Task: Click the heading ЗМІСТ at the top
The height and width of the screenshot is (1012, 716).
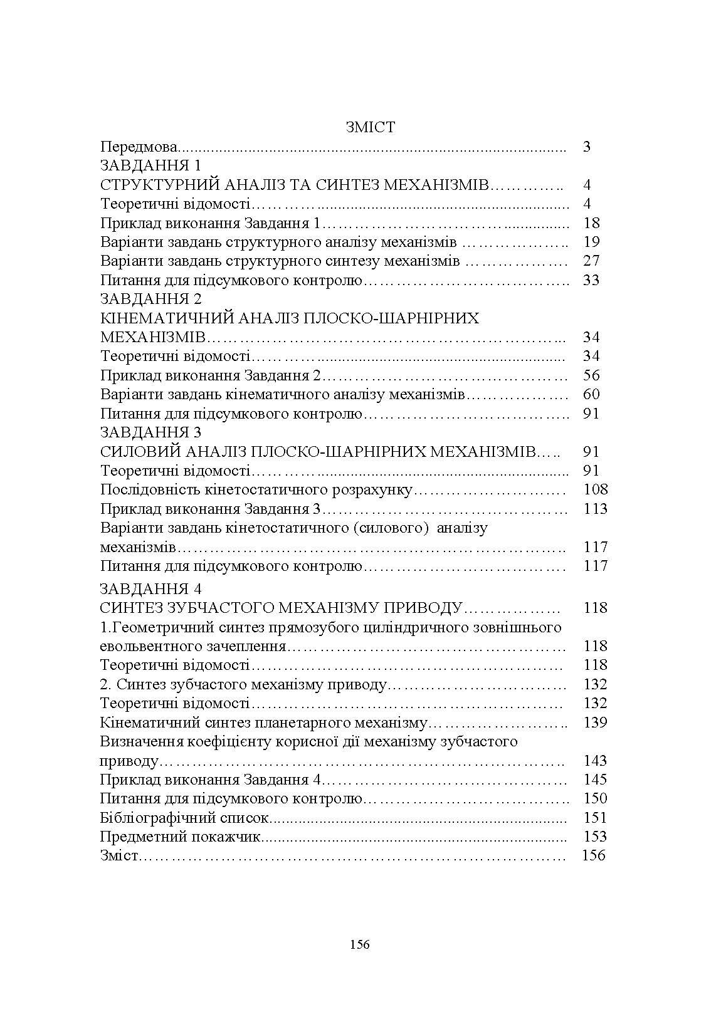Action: pyautogui.click(x=370, y=127)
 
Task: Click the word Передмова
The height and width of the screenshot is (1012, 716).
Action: pyautogui.click(x=139, y=147)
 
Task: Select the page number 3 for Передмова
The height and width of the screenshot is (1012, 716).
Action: pyautogui.click(x=587, y=147)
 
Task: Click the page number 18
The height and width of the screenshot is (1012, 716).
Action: pyautogui.click(x=591, y=223)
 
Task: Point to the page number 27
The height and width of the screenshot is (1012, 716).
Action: pyautogui.click(x=591, y=261)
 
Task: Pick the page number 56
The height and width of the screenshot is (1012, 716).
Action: pyautogui.click(x=591, y=375)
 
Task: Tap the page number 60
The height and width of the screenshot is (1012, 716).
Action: pyautogui.click(x=591, y=394)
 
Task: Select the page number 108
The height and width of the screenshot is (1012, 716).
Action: pyautogui.click(x=595, y=489)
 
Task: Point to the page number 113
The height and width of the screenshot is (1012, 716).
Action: pyautogui.click(x=595, y=509)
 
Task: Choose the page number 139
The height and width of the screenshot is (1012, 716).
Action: pyautogui.click(x=595, y=722)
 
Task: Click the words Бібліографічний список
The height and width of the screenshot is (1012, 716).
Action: pyautogui.click(x=184, y=818)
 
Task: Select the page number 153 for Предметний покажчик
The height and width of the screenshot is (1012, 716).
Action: pyautogui.click(x=595, y=837)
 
